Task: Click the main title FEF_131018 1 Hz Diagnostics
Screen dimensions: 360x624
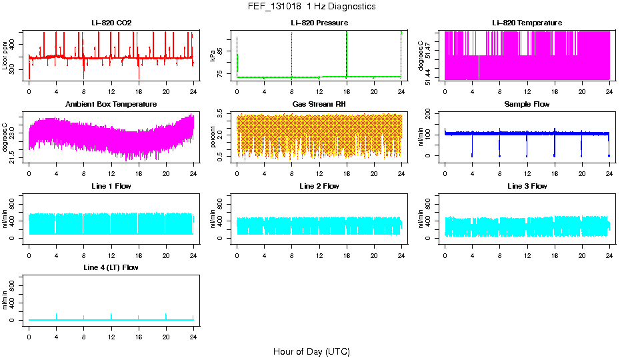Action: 311,7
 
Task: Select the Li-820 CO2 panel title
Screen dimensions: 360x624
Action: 111,23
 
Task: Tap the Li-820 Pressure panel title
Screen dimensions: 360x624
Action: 319,23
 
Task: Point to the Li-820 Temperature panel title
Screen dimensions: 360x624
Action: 527,23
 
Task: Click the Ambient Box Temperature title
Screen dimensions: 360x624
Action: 111,105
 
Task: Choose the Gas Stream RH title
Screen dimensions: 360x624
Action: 319,105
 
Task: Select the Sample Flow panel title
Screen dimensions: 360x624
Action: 527,105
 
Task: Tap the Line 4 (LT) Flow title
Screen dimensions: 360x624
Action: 111,267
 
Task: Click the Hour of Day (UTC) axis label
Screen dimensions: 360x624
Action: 311,351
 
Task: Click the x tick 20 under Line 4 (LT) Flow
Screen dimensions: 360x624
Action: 166,328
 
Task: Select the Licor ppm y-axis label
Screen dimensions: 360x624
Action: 6,55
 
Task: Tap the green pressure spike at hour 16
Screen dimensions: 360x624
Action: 347,53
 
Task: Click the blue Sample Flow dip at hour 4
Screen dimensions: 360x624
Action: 472,147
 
